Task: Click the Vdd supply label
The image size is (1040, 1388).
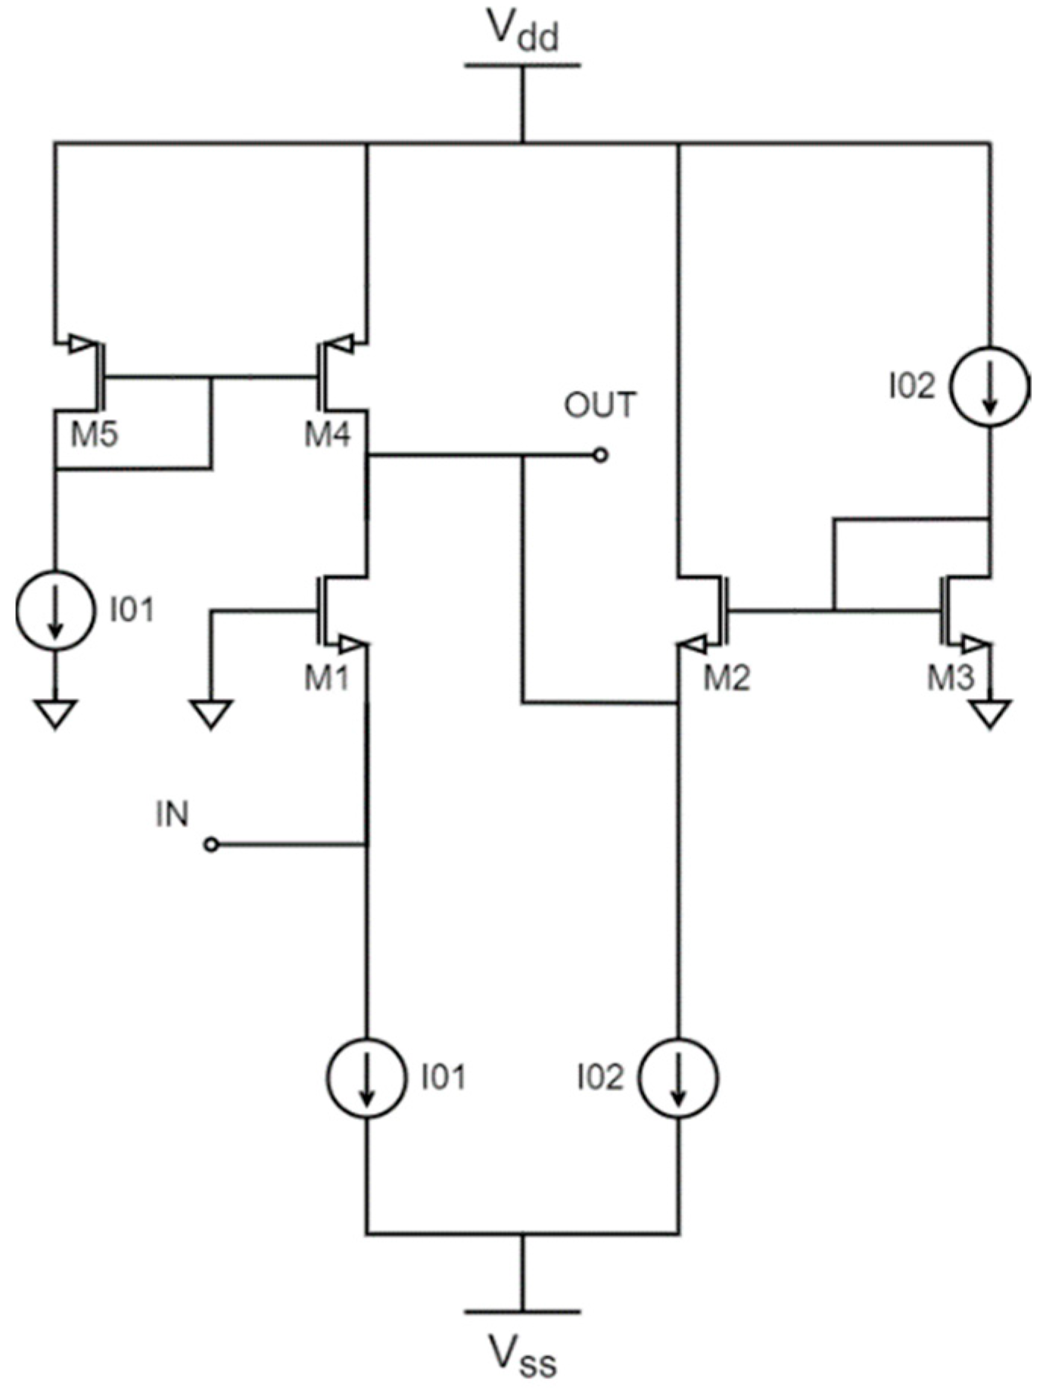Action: [522, 32]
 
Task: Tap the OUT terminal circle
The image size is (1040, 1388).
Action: [600, 455]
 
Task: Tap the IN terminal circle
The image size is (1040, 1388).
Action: [212, 844]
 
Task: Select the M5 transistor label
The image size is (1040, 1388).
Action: [94, 435]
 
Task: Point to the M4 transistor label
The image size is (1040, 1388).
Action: [327, 435]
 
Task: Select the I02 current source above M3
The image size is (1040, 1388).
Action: [990, 386]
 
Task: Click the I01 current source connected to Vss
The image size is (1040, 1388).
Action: [366, 1078]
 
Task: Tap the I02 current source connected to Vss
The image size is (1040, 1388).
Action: [678, 1078]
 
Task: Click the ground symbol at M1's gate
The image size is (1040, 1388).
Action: [211, 713]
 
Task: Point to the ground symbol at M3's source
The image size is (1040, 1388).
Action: [990, 713]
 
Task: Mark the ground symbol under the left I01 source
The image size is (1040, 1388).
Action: [54, 713]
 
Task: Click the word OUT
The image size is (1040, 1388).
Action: [600, 406]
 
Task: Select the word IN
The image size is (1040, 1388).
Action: [172, 814]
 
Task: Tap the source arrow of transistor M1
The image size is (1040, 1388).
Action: [350, 645]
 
